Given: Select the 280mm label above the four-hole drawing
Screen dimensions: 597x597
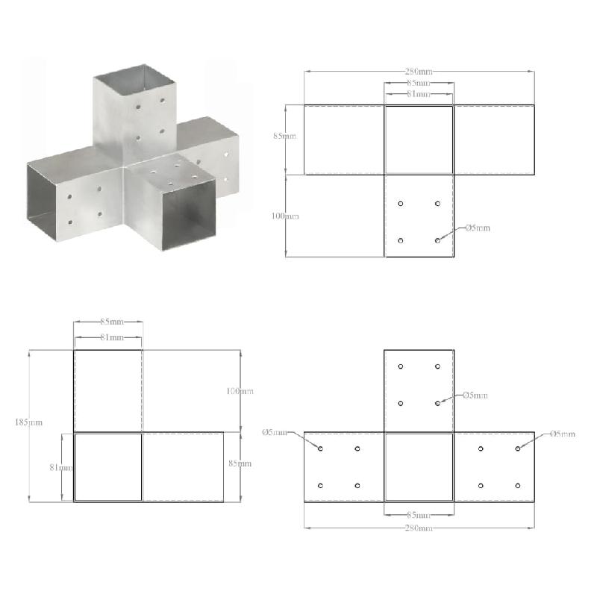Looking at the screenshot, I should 419,72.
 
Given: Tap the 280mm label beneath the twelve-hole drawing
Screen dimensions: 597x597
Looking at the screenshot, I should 419,528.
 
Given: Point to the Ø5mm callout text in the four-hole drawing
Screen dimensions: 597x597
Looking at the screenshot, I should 478,228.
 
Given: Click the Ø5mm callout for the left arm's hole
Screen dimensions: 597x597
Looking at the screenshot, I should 275,433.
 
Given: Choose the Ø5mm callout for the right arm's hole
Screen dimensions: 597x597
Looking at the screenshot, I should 563,434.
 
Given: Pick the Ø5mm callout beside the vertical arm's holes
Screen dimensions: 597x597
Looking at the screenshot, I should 475,395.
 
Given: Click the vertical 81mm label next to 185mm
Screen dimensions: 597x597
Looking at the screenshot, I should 61,468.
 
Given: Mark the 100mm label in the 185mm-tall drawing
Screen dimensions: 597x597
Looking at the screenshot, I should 240,391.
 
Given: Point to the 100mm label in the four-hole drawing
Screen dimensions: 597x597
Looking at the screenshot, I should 285,216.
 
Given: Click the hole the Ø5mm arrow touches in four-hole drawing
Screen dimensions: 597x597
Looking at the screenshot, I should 437,240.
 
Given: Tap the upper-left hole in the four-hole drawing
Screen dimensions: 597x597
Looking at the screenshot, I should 401,204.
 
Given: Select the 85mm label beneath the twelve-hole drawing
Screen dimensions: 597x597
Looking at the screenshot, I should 419,515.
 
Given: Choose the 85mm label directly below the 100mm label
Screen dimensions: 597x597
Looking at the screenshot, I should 240,463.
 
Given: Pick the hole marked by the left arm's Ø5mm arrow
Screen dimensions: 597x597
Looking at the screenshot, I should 321,448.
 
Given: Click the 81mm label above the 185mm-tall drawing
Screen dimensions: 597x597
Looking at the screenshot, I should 109,337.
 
